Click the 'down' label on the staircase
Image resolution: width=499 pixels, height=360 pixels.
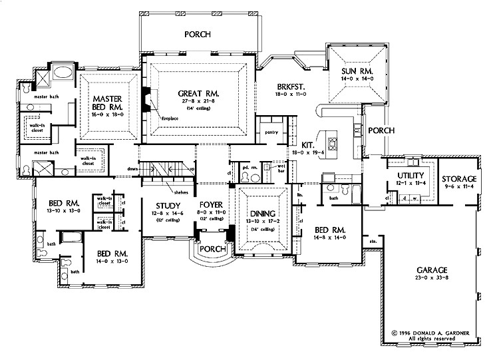click(x=132, y=170)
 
